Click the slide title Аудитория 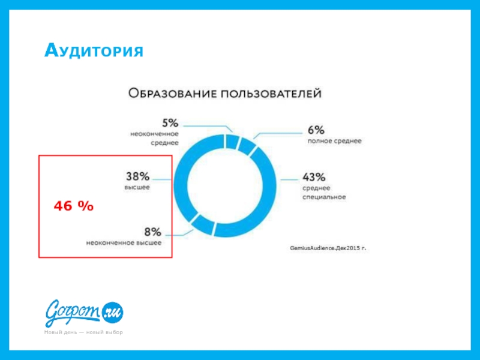click(x=94, y=50)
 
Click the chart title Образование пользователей click(x=225, y=94)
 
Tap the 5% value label click(x=170, y=122)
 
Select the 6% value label click(x=317, y=130)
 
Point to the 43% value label click(x=314, y=177)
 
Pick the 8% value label click(x=152, y=231)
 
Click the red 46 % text click(x=73, y=206)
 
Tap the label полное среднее click(x=334, y=142)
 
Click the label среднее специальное click(x=324, y=193)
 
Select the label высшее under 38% click(x=137, y=187)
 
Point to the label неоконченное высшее click(x=124, y=243)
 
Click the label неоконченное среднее click(x=155, y=139)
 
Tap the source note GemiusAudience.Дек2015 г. click(x=328, y=247)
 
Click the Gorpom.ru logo click(x=84, y=311)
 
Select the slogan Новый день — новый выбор click(x=83, y=332)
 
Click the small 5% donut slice click(x=232, y=141)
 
